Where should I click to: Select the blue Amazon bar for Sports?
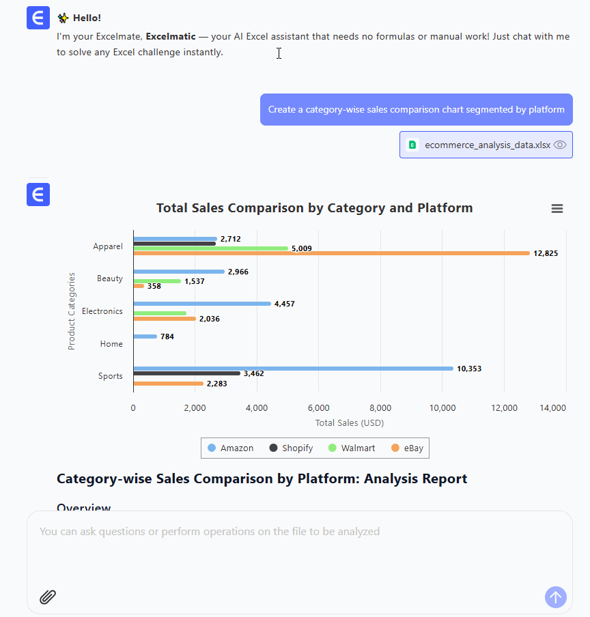293,369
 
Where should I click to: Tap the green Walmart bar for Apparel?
211,248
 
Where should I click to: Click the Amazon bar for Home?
145,336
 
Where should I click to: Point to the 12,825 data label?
546,253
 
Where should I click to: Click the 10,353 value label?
469,369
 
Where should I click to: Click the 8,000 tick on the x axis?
380,408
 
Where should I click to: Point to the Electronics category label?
102,311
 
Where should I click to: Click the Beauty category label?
110,278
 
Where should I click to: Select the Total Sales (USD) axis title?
350,423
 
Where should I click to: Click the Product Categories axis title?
72,311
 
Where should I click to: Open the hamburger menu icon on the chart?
557,209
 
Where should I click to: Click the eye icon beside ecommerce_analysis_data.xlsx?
561,145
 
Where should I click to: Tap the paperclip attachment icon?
47,597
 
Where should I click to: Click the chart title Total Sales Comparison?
314,208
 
